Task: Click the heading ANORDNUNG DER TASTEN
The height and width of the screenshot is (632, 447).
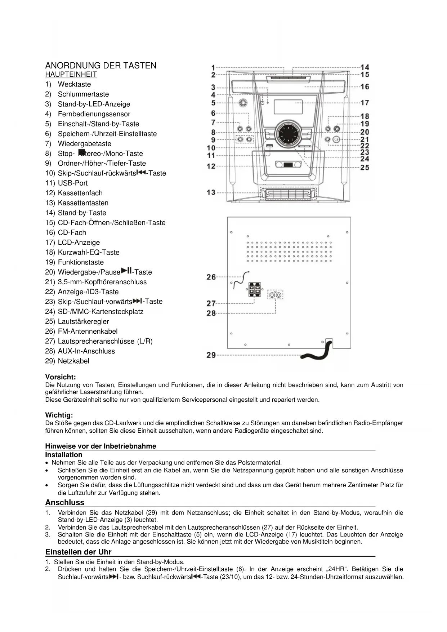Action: [x=101, y=66]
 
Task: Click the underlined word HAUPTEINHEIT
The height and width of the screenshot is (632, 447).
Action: [x=71, y=75]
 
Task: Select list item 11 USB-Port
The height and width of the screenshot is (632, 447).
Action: [x=72, y=183]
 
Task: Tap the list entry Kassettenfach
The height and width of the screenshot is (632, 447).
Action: [x=80, y=193]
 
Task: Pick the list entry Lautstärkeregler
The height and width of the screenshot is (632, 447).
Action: [x=83, y=321]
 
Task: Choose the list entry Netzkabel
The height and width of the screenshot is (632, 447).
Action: [x=73, y=361]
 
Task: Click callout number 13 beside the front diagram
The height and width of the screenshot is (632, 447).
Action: [x=211, y=192]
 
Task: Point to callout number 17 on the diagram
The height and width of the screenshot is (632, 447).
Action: [x=365, y=103]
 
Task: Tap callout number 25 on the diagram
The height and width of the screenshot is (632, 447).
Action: [x=365, y=168]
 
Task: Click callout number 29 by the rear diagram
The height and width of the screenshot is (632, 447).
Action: [x=211, y=355]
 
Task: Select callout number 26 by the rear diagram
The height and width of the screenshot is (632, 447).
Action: [x=211, y=277]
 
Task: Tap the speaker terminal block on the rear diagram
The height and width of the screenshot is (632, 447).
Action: [x=254, y=290]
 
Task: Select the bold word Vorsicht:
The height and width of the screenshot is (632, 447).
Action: [x=61, y=377]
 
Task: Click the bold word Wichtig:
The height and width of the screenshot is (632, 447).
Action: [x=59, y=415]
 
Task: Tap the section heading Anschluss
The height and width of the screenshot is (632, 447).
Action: [x=65, y=503]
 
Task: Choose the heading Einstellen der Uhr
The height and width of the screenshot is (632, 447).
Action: [x=78, y=552]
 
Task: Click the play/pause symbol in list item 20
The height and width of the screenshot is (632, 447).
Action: [x=126, y=271]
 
